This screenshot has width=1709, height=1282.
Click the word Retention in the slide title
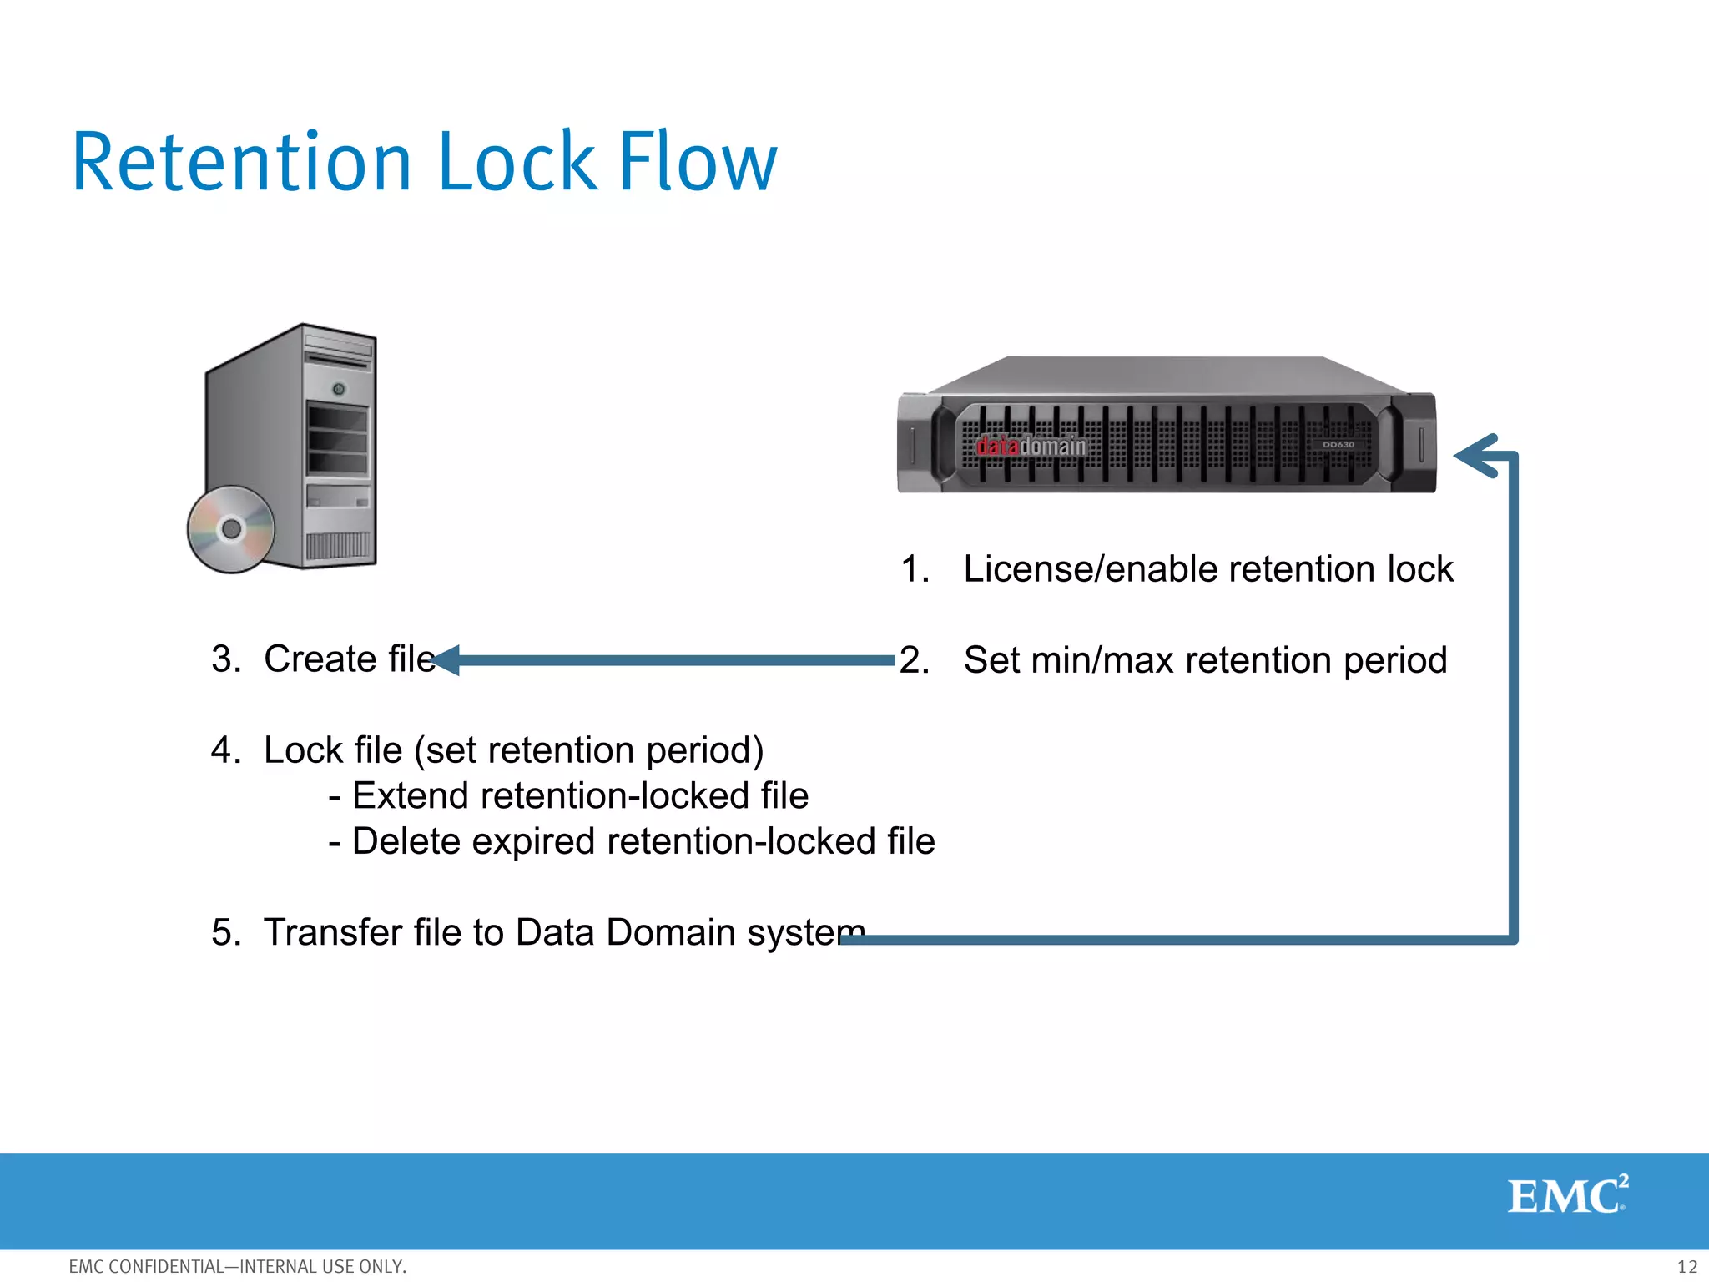[x=242, y=163]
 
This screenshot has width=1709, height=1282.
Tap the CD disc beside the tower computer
[x=231, y=529]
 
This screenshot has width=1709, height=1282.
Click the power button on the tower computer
[x=339, y=389]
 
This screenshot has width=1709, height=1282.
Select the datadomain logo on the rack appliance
[x=1031, y=447]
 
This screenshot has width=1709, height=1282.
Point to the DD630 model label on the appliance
[x=1338, y=445]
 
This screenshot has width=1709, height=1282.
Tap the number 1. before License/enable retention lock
[x=915, y=570]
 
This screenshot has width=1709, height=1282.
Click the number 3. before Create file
[x=226, y=659]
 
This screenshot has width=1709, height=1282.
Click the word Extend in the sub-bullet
[x=411, y=796]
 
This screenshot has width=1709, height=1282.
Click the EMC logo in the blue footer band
[x=1566, y=1196]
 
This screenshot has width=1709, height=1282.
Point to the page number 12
[x=1686, y=1267]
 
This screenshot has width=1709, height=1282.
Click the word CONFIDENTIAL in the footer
[x=166, y=1267]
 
